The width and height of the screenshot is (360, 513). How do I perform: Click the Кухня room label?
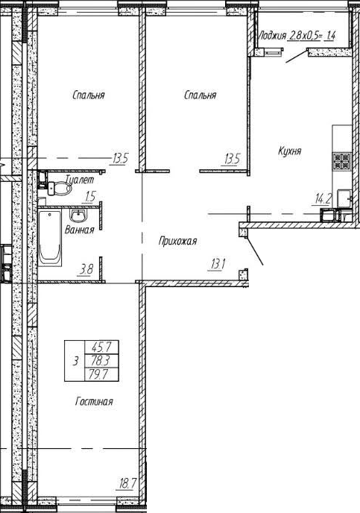[x=290, y=151]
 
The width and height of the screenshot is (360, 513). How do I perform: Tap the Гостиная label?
[x=94, y=401]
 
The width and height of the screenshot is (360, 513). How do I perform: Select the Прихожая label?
[x=177, y=242]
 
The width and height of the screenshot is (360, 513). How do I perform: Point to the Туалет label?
[x=80, y=179]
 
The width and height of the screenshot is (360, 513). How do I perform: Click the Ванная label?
[x=80, y=230]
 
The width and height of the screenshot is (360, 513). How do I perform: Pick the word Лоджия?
[x=272, y=35]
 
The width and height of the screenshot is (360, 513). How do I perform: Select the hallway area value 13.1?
[x=217, y=264]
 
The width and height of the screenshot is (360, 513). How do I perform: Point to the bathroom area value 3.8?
[x=86, y=270]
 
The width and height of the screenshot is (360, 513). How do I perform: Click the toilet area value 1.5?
[x=90, y=197]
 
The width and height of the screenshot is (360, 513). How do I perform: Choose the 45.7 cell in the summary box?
[x=101, y=347]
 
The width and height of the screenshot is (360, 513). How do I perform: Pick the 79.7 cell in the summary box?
[x=101, y=374]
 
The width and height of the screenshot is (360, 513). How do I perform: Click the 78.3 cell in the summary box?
[x=101, y=361]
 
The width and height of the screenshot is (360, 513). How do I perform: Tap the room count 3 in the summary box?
[x=75, y=361]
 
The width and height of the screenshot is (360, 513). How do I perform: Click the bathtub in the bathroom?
[x=50, y=238]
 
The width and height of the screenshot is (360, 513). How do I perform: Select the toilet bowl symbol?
[x=60, y=189]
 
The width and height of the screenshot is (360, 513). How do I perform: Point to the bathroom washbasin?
[x=78, y=215]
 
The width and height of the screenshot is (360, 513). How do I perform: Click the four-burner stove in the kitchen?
[x=341, y=162]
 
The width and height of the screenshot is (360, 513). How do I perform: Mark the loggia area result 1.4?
[x=330, y=35]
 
